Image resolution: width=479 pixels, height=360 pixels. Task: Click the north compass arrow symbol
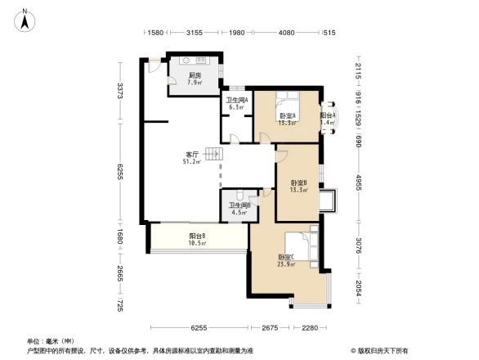click(x=26, y=19)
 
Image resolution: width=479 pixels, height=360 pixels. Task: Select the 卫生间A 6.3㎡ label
click(x=237, y=103)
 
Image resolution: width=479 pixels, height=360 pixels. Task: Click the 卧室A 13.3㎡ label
click(x=287, y=119)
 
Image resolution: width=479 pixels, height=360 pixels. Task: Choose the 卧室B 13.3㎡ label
click(x=298, y=186)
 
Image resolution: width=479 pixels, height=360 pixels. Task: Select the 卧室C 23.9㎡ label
click(x=286, y=260)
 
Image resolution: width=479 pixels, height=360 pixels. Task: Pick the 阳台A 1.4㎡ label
click(x=327, y=119)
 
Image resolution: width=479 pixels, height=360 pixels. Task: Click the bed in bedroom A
click(x=288, y=101)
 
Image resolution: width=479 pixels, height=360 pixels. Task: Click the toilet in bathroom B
click(x=236, y=195)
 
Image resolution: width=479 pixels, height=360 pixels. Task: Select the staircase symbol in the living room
click(x=213, y=154)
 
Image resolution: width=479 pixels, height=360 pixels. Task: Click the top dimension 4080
click(x=286, y=34)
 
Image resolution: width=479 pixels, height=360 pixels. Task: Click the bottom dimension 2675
click(x=269, y=328)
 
